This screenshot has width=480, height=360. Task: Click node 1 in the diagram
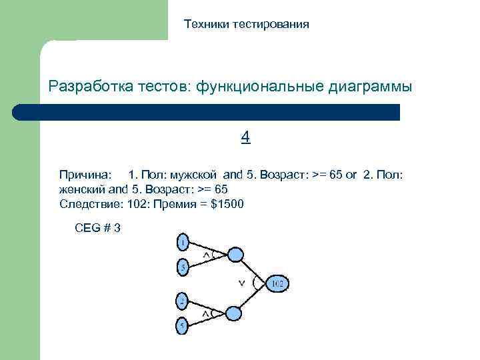pyautogui.click(x=182, y=241)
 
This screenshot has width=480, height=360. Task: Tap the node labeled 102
pyautogui.click(x=277, y=283)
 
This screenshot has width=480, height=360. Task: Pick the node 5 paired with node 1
pyautogui.click(x=182, y=268)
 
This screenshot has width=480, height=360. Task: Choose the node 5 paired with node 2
pyautogui.click(x=182, y=326)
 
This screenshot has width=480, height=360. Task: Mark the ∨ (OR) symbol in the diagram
pyautogui.click(x=242, y=283)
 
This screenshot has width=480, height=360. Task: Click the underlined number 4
pyautogui.click(x=245, y=137)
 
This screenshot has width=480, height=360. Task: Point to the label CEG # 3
pyautogui.click(x=98, y=228)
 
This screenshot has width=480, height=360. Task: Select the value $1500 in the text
pyautogui.click(x=227, y=204)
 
